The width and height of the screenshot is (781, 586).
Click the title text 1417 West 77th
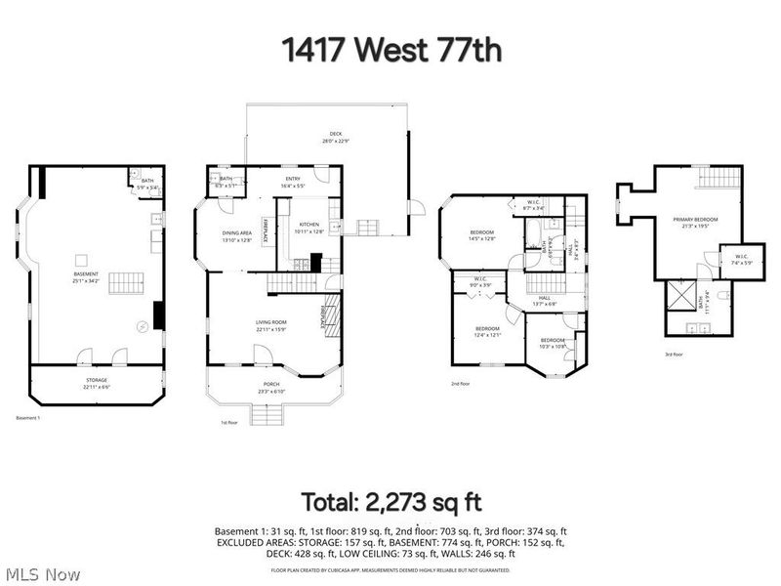[x=390, y=50]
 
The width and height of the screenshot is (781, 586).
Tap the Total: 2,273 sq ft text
[x=390, y=503]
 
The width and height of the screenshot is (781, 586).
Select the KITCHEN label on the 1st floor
[x=308, y=224]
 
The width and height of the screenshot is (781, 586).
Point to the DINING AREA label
[x=237, y=231]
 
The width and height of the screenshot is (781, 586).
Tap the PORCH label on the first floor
[x=271, y=384]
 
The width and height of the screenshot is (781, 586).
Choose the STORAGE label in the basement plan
[x=96, y=379]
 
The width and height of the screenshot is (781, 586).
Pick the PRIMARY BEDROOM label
[x=695, y=219]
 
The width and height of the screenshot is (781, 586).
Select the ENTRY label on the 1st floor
[x=293, y=179]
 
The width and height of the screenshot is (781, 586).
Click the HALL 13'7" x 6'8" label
[x=544, y=301]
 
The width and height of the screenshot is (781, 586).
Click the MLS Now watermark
[x=43, y=573]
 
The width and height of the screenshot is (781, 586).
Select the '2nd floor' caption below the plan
[x=461, y=384]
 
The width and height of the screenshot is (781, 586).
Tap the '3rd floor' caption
[x=674, y=355]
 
